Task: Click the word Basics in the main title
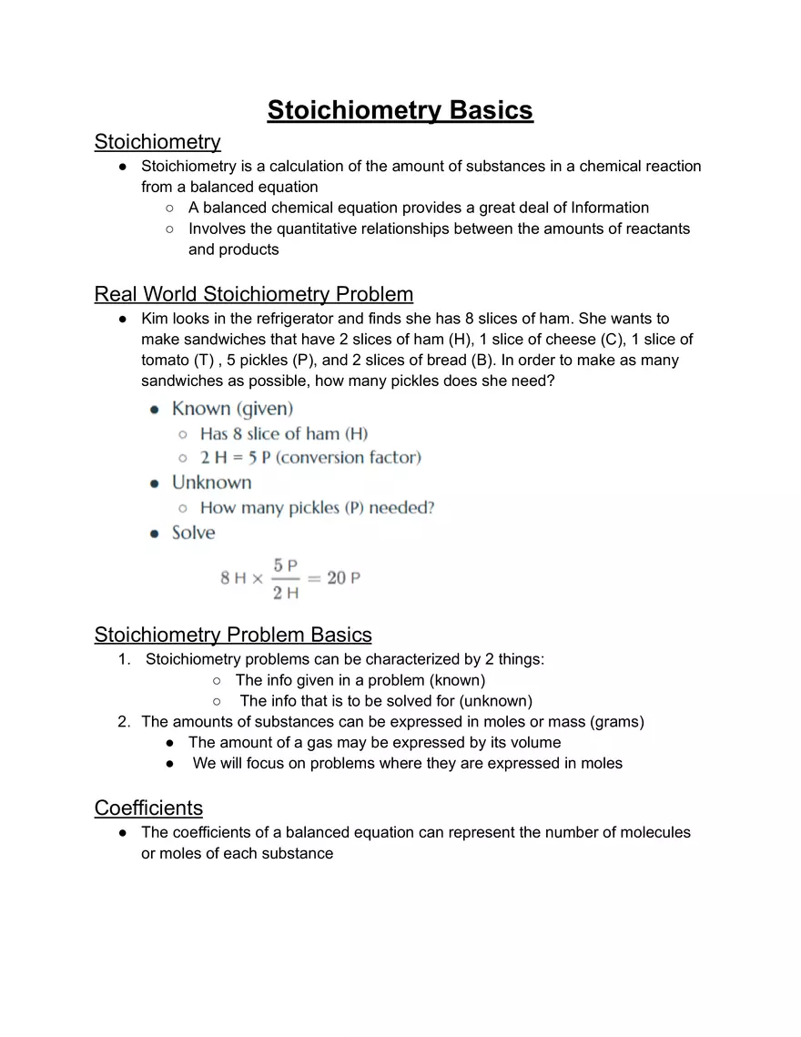tap(490, 110)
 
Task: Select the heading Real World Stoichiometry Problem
tap(254, 294)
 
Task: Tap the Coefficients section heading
tap(148, 808)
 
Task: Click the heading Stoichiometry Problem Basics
tap(233, 635)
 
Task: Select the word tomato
tap(164, 361)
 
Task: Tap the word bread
tap(444, 361)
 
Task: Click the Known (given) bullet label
tap(232, 409)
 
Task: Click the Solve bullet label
tap(193, 533)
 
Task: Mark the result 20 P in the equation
tap(343, 578)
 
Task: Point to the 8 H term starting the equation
tap(233, 578)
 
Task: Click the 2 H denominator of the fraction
tap(285, 594)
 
